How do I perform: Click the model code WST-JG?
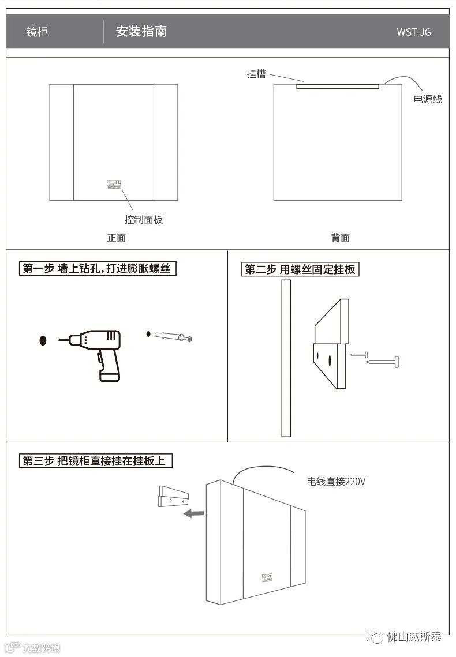tap(413, 32)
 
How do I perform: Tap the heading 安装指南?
tap(141, 31)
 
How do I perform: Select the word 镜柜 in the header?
tap(37, 32)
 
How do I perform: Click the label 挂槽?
tap(256, 74)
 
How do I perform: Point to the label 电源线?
tap(428, 99)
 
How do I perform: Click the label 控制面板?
tap(144, 220)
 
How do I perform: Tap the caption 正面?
tap(116, 238)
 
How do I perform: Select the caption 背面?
tap(340, 238)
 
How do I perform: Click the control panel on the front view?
tap(114, 185)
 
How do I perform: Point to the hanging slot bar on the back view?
tap(338, 87)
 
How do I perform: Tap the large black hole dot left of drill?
tap(43, 340)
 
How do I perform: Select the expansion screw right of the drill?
tap(173, 336)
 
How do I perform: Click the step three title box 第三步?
tap(96, 461)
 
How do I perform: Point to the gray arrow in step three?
tap(194, 512)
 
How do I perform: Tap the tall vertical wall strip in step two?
tap(286, 358)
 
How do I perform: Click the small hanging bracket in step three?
tap(173, 495)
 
